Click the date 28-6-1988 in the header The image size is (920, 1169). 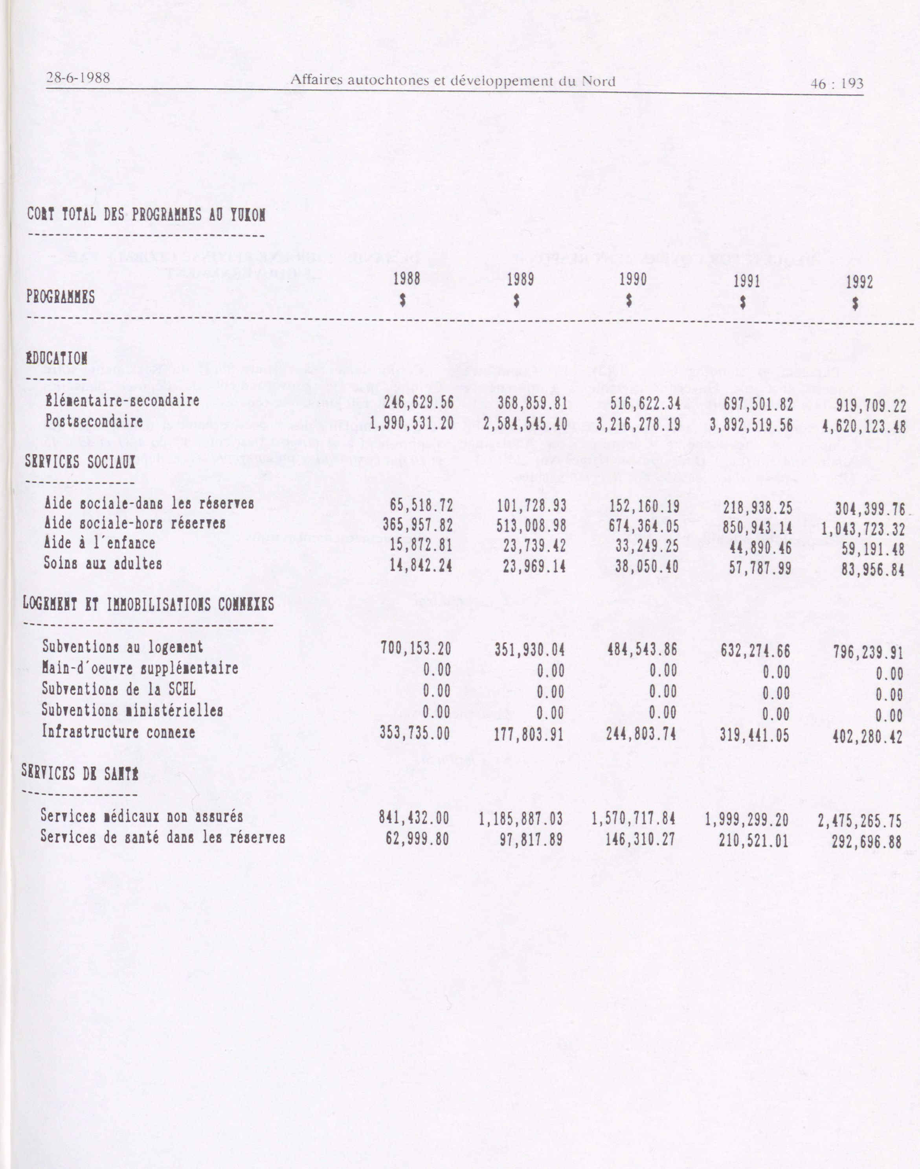tap(78, 78)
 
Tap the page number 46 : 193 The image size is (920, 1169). tap(837, 83)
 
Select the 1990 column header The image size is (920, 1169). tap(633, 280)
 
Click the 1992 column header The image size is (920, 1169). tap(859, 282)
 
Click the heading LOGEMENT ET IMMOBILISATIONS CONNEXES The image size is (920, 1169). tap(148, 604)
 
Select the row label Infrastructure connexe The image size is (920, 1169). tap(119, 732)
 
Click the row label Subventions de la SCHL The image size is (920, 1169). tap(119, 689)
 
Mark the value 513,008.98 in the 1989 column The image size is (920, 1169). tap(531, 525)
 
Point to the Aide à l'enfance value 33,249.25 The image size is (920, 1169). tap(646, 547)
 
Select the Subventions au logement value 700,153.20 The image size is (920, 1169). tap(416, 648)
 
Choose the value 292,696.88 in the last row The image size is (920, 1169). tap(866, 841)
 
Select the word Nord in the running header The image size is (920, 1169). tap(599, 81)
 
